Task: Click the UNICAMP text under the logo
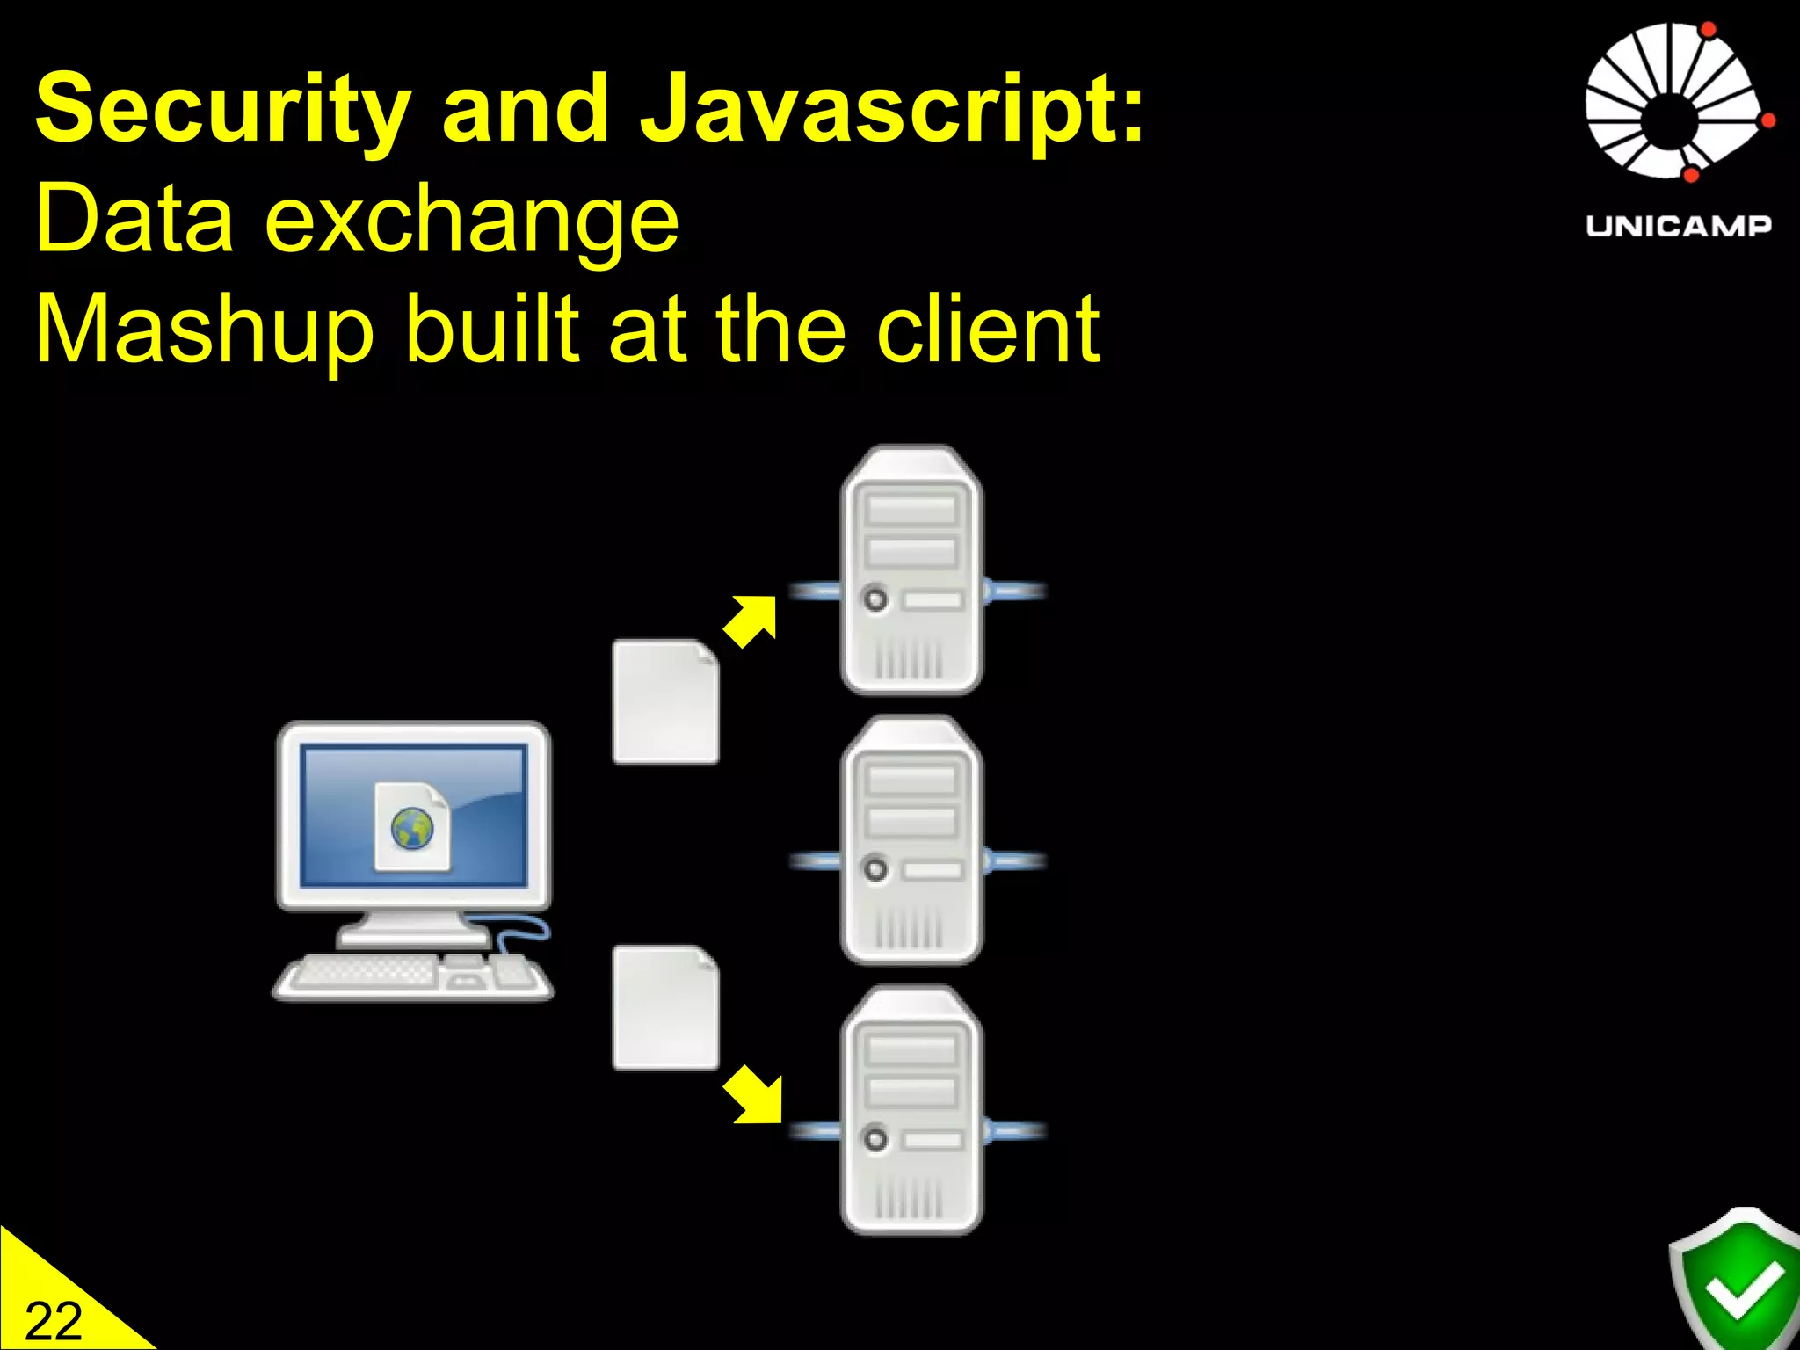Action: pos(1678,226)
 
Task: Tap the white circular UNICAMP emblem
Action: pos(1674,101)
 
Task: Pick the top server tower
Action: pos(911,570)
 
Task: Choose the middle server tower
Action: pos(911,840)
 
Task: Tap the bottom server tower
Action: pos(911,1110)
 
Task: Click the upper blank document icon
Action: pos(665,701)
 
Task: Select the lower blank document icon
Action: pos(665,1007)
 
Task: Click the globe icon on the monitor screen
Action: pos(412,828)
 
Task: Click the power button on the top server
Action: pos(875,599)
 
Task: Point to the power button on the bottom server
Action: pos(875,1140)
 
